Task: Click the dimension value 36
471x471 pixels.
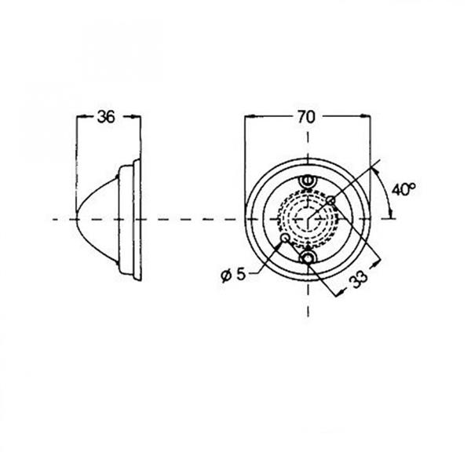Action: [x=106, y=117]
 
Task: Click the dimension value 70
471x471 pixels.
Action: [x=306, y=117]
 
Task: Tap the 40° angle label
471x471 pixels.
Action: [x=403, y=189]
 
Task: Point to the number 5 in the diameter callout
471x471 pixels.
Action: [x=241, y=274]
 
